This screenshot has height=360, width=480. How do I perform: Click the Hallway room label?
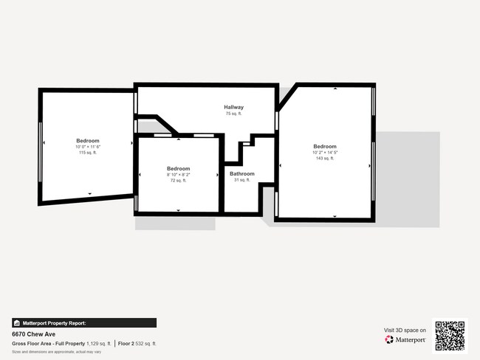(234, 108)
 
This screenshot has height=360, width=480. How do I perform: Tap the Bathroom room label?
(241, 174)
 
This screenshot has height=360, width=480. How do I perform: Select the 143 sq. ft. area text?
(325, 158)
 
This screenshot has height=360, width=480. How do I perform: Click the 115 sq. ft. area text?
(88, 152)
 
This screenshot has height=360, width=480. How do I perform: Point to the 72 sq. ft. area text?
(178, 180)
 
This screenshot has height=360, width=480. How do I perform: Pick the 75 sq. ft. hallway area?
(234, 114)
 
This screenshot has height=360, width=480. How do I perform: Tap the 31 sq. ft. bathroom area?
(241, 180)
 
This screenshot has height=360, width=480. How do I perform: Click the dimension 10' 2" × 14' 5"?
(325, 152)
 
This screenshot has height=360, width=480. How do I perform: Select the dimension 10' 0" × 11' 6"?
(88, 146)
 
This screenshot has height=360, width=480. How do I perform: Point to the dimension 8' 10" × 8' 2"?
(178, 174)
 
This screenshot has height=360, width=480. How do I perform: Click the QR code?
(450, 336)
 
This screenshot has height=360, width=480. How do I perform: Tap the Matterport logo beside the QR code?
(405, 340)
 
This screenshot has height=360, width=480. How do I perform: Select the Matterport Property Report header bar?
(83, 323)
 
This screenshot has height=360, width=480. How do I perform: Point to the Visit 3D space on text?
(405, 330)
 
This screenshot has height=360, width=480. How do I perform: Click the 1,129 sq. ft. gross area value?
(98, 344)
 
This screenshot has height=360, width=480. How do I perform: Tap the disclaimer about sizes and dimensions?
(56, 352)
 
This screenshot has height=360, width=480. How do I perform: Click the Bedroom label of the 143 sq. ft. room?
(325, 146)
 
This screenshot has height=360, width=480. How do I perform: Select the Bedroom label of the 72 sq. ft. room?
(178, 168)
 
